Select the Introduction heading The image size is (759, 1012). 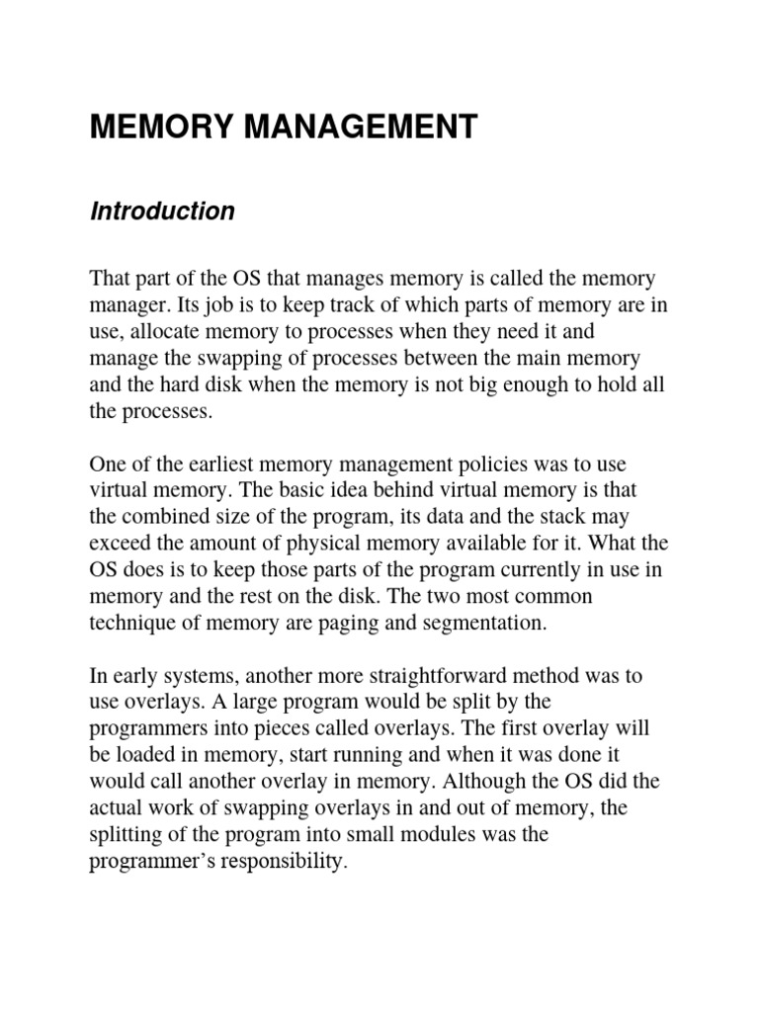click(162, 211)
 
